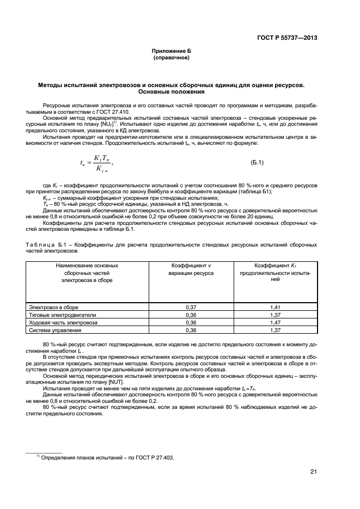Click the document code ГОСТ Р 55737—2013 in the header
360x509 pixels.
[287, 38]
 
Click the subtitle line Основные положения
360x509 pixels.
[171, 91]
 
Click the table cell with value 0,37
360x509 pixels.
[191, 307]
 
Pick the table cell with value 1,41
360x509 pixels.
[275, 307]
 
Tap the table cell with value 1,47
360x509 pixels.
[275, 322]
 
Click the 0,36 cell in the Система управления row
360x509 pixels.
[191, 330]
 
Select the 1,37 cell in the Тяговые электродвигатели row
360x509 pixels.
[275, 315]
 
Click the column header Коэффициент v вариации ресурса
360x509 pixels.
[191, 269]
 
